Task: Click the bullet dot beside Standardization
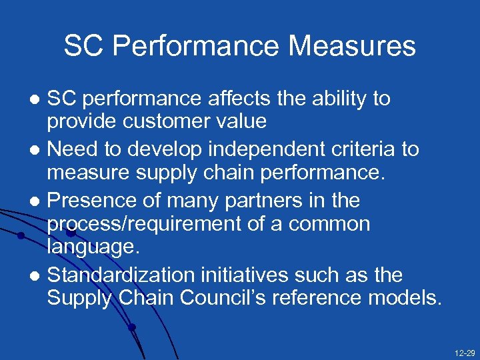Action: (37, 275)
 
